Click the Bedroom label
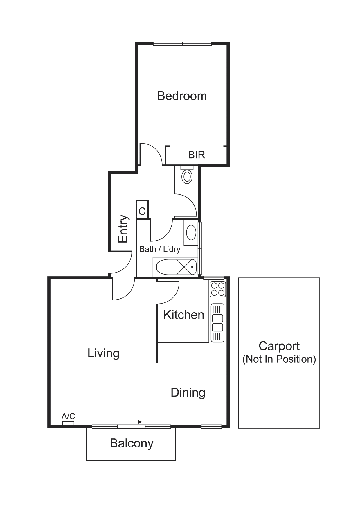[x=182, y=96]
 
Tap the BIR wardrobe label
[x=197, y=155]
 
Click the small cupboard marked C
[x=142, y=211]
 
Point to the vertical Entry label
[x=123, y=229]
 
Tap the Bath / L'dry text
[x=160, y=249]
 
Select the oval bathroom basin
[x=191, y=232]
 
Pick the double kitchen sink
[x=217, y=322]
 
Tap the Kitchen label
[x=183, y=315]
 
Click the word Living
[x=103, y=353]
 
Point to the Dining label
[x=188, y=393]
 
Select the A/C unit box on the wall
[x=68, y=423]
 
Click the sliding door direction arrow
[x=131, y=422]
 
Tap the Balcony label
[x=132, y=443]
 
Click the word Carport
[x=279, y=346]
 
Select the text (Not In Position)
[x=279, y=359]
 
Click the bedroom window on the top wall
[x=182, y=44]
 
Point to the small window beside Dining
[x=211, y=426]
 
